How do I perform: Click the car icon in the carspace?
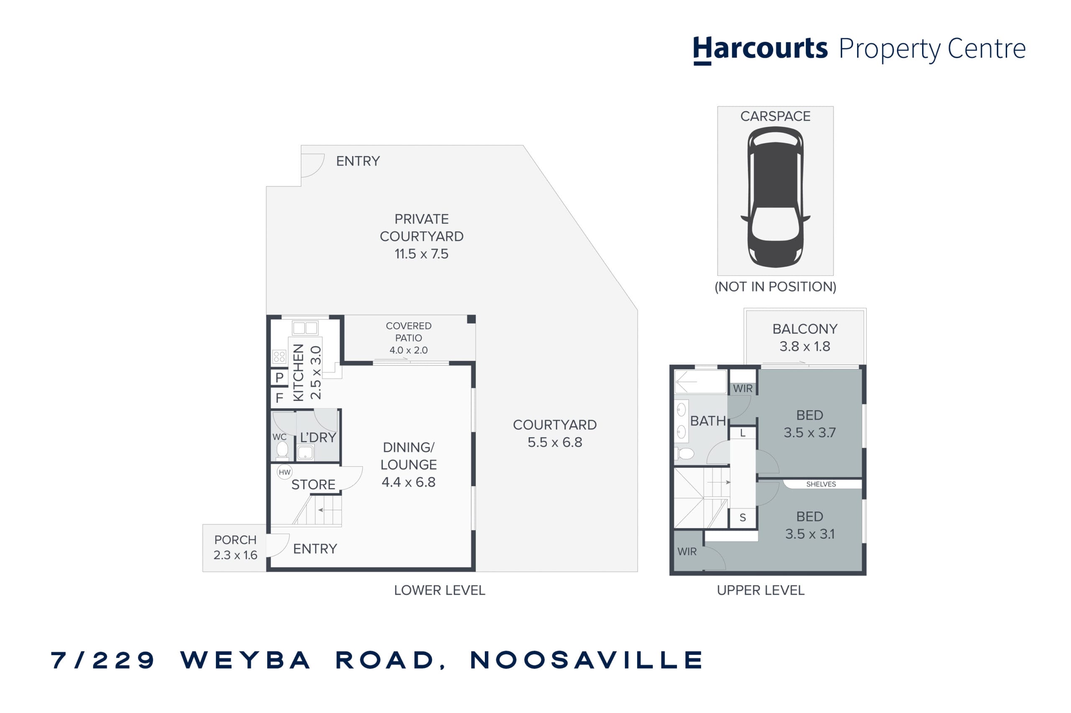(775, 196)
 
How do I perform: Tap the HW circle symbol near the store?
(284, 472)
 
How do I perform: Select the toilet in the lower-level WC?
(282, 450)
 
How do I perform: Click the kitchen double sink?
(305, 328)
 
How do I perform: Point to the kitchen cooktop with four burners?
(279, 357)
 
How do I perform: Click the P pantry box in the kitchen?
(279, 377)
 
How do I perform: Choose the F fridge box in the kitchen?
(279, 398)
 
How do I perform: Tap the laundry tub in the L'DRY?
(305, 453)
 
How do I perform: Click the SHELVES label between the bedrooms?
(821, 484)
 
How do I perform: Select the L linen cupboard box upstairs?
(743, 433)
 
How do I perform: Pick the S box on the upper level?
(743, 517)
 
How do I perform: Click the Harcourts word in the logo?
(760, 49)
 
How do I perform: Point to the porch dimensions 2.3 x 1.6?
(236, 555)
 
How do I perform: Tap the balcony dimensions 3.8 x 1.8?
(805, 346)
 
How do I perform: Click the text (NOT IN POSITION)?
(775, 286)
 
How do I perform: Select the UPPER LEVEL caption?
(761, 590)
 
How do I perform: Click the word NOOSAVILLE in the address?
(586, 660)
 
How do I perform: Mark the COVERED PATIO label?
(408, 332)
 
